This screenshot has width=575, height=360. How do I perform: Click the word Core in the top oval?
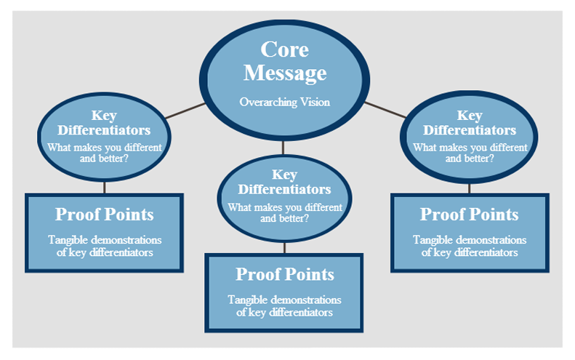[285, 49]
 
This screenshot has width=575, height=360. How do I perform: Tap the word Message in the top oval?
[285, 73]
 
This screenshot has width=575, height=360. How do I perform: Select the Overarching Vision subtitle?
[285, 102]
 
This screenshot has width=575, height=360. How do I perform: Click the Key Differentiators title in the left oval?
[104, 123]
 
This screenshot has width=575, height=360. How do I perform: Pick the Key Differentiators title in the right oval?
[470, 123]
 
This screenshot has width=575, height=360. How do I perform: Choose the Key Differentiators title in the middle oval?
[285, 182]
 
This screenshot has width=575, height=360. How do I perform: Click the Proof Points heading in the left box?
[104, 215]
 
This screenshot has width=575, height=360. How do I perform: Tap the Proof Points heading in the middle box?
[285, 274]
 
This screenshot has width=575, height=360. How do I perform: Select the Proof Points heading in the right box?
[470, 215]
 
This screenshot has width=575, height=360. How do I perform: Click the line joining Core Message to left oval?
[185, 111]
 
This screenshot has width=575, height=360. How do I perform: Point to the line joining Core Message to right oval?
[385, 110]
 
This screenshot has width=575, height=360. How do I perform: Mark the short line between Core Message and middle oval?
[284, 148]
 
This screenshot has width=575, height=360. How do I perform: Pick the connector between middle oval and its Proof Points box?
[284, 247]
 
